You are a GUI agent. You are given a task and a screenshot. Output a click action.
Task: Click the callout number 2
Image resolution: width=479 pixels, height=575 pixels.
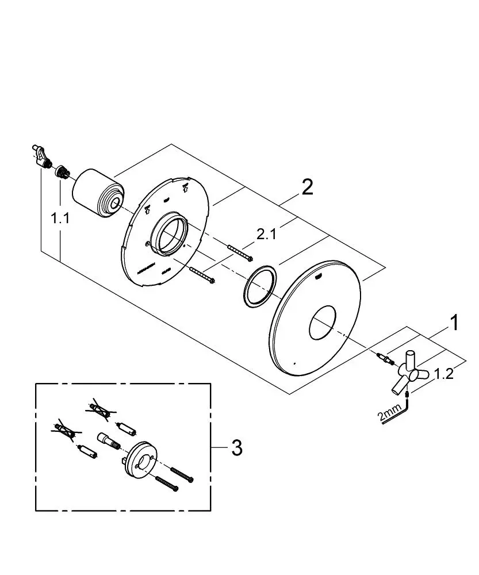[307, 187]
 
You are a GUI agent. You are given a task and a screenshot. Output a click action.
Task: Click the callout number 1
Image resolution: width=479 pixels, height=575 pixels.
[454, 323]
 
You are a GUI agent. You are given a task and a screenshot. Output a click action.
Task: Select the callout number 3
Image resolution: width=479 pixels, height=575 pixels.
[237, 447]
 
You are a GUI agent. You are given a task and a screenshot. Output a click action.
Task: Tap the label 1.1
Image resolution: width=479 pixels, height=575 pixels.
[60, 219]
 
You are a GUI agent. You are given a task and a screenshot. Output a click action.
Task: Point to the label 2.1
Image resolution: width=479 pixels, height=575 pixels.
[266, 234]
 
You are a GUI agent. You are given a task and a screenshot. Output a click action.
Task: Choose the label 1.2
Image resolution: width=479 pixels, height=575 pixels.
[444, 374]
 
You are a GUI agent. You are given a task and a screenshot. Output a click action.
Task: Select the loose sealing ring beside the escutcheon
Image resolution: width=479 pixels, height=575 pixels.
[260, 286]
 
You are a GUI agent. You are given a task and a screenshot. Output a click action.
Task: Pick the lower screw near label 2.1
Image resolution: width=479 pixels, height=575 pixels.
[202, 275]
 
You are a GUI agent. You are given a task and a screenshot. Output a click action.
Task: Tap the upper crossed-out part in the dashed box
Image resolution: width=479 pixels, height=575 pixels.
[100, 409]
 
